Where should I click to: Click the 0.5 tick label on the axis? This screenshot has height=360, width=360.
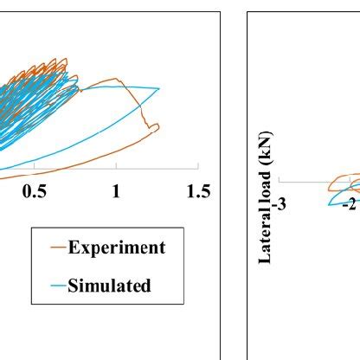[x=35, y=192]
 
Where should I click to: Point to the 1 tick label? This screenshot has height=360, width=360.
[x=116, y=192]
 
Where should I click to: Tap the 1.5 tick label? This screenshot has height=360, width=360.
[x=198, y=192]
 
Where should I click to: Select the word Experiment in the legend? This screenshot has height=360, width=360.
[x=116, y=247]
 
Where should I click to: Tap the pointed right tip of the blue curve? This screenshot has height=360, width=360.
[x=159, y=88]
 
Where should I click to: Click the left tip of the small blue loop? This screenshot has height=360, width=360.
[x=329, y=202]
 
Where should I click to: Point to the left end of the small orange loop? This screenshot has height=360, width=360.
[x=329, y=184]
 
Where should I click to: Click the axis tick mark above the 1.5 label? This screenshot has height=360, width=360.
[x=198, y=165]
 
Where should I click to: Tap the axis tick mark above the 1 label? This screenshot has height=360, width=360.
[x=116, y=165]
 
